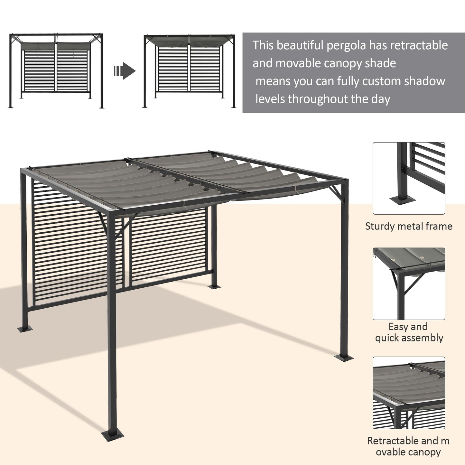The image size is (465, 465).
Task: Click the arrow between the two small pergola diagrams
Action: [x=125, y=71]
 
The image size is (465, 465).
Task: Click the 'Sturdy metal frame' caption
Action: [x=409, y=226]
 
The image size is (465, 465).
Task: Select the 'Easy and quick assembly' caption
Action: [x=409, y=332]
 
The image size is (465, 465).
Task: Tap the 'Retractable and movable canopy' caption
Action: [x=408, y=446]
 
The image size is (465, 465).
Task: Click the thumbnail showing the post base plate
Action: [x=409, y=178]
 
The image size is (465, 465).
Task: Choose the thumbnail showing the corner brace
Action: [x=409, y=284]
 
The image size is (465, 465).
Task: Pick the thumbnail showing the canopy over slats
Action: [x=409, y=393]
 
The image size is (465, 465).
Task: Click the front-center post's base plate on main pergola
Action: [x=112, y=436]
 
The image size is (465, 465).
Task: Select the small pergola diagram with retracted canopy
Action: [x=56, y=71]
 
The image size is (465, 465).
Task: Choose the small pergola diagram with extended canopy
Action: [x=190, y=71]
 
